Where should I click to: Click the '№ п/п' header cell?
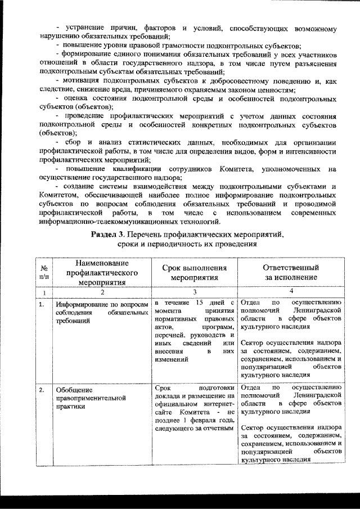point(44,273)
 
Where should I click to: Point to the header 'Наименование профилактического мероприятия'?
point(102,273)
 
